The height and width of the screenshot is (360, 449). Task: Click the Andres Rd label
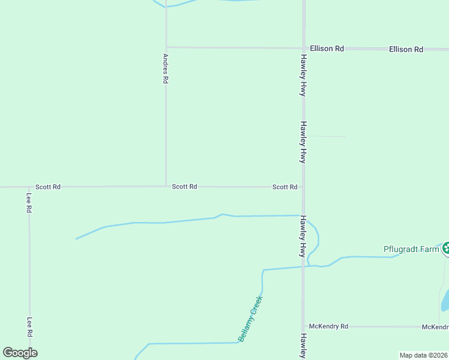166,69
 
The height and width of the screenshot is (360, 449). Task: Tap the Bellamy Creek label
251,319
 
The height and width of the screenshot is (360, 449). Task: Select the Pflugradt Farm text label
412,249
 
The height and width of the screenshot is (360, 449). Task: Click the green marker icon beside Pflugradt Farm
446,247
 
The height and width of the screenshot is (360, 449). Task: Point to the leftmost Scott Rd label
47,187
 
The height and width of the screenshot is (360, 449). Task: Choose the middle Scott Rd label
184,187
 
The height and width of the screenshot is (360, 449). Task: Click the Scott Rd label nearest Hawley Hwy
285,187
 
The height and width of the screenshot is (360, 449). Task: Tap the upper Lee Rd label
28,203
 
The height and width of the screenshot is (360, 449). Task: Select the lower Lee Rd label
28,327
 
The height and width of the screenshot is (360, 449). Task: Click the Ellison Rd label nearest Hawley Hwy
327,49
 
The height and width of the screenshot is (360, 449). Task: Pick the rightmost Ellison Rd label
406,49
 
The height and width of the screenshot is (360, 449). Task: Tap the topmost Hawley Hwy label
304,76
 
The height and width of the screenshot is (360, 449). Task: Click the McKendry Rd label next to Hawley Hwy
333,326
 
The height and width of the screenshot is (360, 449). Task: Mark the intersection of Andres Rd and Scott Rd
166,186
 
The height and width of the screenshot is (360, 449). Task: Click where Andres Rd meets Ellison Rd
166,47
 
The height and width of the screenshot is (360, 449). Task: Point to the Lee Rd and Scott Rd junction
29,187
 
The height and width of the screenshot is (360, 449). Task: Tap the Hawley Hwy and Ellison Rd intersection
304,48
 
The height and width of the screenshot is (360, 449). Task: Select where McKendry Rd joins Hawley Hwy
304,326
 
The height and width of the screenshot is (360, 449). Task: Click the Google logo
20,353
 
